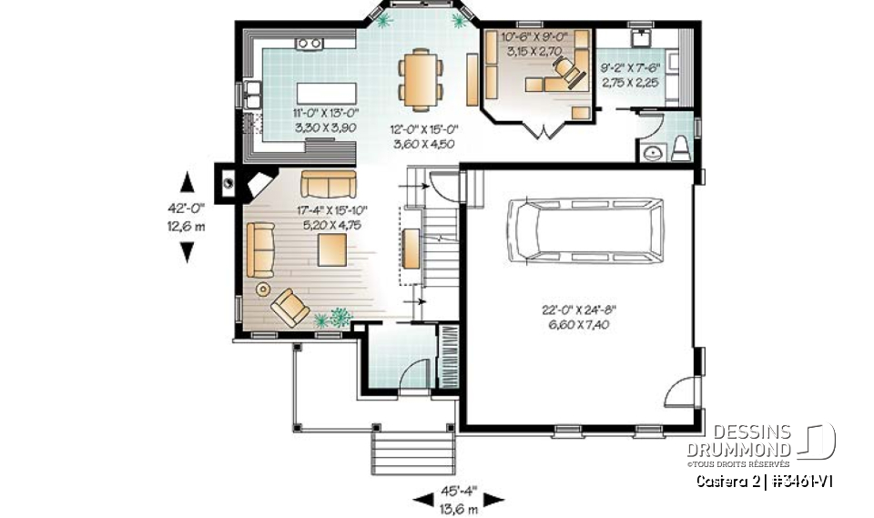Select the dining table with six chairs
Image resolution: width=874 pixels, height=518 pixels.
[x=421, y=76]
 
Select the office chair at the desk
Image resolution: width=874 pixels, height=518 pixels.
[x=571, y=74]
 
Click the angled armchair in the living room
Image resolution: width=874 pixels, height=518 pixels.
[x=289, y=306]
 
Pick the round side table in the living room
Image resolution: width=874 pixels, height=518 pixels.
[x=263, y=289]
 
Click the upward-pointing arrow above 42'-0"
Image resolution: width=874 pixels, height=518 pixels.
[x=188, y=180]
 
